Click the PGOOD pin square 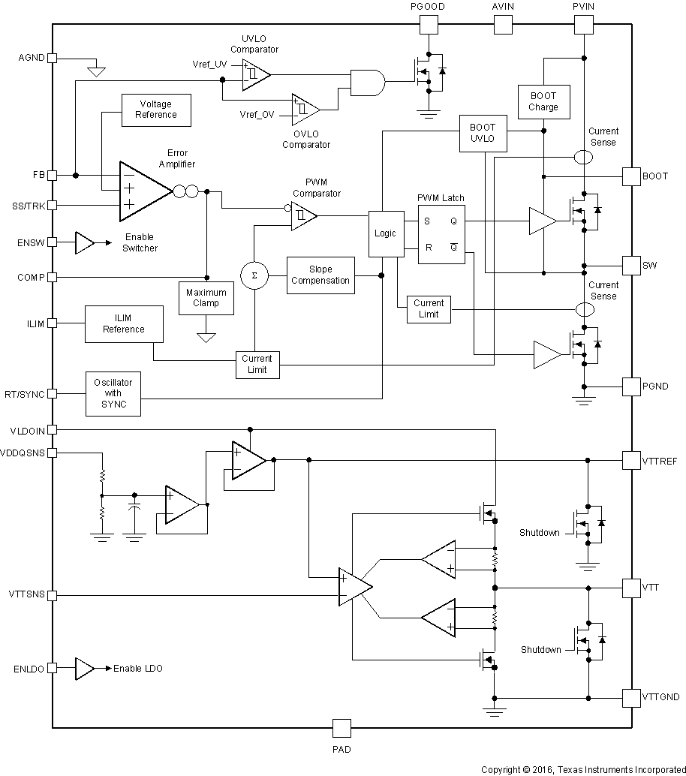pos(428,25)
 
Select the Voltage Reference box pos(156,110)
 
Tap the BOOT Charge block pos(543,101)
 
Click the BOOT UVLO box pos(483,133)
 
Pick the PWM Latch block pos(441,233)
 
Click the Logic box pos(385,233)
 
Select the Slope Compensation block pos(320,275)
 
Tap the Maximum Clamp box pos(206,298)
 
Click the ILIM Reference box pos(124,323)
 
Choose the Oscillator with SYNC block pos(113,393)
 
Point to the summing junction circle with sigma pos(254,275)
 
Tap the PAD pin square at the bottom pos(341,728)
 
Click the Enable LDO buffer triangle pos(84,668)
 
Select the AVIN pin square pos(502,25)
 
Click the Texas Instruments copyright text pos(582,769)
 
